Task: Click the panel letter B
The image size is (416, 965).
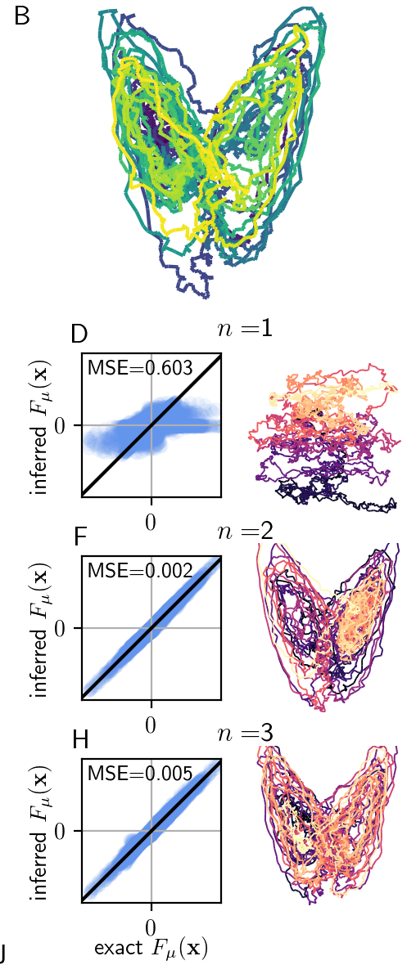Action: point(22,17)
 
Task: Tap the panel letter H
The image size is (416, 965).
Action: point(79,738)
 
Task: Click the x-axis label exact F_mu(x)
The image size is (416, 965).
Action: point(151,949)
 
